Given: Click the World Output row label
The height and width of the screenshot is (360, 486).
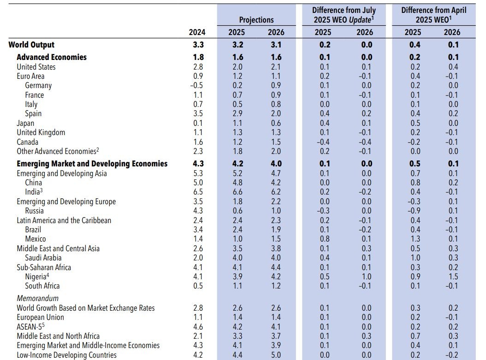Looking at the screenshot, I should [x=31, y=45].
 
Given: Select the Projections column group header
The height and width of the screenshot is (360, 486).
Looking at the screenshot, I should [x=256, y=20].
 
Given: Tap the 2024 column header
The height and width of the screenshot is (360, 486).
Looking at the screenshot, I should [x=197, y=32].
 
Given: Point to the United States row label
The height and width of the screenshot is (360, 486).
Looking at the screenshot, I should [x=36, y=67].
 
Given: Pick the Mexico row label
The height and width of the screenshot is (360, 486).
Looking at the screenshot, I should [x=36, y=239].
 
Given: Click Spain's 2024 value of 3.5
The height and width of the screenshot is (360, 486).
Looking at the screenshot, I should [x=197, y=113].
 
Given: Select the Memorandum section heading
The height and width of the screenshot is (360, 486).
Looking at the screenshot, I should [x=38, y=298].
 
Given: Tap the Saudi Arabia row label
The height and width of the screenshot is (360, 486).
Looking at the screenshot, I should [x=43, y=258].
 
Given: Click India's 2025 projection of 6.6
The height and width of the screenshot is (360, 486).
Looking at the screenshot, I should [x=237, y=192].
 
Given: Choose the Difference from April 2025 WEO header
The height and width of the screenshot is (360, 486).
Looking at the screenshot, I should [x=433, y=15].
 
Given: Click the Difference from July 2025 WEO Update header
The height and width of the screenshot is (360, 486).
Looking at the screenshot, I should [x=344, y=15].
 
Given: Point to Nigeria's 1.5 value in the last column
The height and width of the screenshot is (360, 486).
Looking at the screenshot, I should [x=452, y=277].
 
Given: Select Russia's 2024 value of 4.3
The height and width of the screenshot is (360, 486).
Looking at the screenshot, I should [x=197, y=211].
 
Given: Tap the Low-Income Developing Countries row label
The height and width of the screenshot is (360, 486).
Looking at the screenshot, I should [x=67, y=355].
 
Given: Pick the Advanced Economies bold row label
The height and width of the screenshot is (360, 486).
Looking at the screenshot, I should [x=52, y=57].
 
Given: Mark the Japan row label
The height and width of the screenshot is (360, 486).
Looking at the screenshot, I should [x=25, y=123].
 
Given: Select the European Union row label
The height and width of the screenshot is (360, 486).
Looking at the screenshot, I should [x=41, y=317].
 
